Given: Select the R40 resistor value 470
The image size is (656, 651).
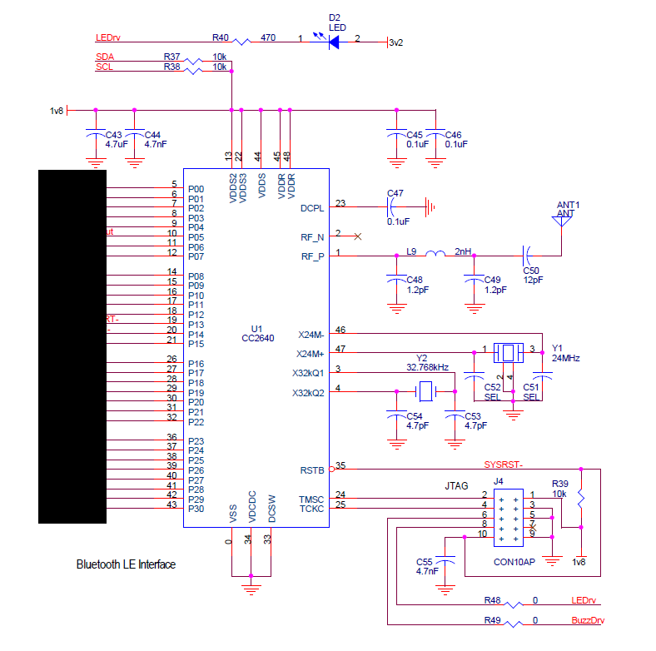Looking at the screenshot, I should [x=268, y=37].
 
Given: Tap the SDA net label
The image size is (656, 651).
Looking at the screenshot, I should [x=106, y=56].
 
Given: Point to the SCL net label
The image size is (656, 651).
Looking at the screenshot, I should [x=105, y=67].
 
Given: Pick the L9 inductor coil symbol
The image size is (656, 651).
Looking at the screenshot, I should [x=435, y=254].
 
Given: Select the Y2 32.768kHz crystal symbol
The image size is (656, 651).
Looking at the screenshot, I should [x=425, y=390].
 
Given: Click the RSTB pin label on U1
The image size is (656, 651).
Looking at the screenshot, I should [x=311, y=470].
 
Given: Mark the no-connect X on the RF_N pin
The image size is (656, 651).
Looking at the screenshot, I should [x=358, y=236].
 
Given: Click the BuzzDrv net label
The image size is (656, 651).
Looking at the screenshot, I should [x=589, y=620].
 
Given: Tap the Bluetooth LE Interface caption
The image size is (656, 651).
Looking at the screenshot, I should [x=126, y=564].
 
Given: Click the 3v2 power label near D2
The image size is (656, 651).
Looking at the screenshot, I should [x=395, y=43].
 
